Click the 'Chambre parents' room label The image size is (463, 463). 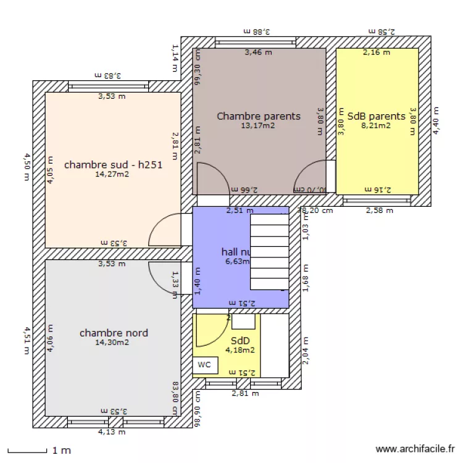click(x=258, y=116)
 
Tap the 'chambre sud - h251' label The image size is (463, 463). click(x=113, y=165)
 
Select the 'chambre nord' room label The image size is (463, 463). click(x=114, y=333)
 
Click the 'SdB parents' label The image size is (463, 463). click(x=376, y=116)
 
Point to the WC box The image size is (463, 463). click(x=204, y=365)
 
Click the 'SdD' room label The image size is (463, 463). click(x=240, y=341)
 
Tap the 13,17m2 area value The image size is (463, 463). click(x=258, y=125)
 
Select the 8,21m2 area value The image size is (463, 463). click(x=376, y=125)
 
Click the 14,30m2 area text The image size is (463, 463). click(x=112, y=343)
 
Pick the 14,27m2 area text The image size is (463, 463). click(x=112, y=174)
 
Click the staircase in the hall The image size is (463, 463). click(x=269, y=251)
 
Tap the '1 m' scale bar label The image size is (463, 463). click(x=61, y=451)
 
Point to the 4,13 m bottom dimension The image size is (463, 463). click(x=112, y=432)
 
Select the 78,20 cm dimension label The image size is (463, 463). click(x=315, y=211)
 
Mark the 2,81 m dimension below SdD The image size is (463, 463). click(x=245, y=393)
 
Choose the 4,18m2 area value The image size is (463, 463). click(x=240, y=350)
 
